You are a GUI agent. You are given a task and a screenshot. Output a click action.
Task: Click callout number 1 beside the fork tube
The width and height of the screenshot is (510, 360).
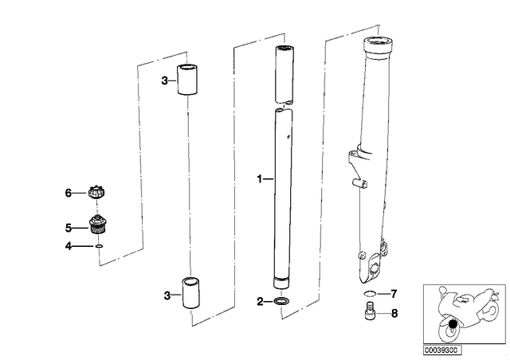click(260, 179)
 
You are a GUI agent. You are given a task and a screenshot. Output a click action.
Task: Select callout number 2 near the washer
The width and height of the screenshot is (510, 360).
click(260, 302)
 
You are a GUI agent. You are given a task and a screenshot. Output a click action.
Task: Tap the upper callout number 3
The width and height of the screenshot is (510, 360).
click(165, 80)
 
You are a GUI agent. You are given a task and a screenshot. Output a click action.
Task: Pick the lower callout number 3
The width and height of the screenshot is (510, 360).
click(167, 295)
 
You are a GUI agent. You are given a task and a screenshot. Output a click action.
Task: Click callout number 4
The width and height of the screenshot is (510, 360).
click(68, 246)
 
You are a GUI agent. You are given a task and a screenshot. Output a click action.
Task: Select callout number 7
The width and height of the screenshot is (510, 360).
click(394, 294)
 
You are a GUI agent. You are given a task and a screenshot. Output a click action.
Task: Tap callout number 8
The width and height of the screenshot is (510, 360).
click(394, 314)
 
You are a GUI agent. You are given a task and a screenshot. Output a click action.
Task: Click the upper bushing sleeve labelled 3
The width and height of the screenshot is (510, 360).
click(187, 80)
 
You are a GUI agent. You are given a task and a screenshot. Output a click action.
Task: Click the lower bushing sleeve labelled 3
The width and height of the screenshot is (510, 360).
click(190, 292)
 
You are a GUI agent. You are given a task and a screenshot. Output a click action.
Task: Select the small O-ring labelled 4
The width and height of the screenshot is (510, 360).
click(99, 246)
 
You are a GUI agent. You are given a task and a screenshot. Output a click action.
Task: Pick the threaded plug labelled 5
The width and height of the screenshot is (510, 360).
click(96, 225)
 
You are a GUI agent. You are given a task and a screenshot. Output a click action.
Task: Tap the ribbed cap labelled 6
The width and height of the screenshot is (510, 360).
click(97, 192)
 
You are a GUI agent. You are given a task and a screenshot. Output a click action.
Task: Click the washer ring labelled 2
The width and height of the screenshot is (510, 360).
click(281, 301)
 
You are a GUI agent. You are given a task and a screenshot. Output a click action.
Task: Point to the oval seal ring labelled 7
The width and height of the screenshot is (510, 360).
click(370, 294)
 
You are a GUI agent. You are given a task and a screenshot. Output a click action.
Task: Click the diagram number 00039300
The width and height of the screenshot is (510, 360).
click(441, 350)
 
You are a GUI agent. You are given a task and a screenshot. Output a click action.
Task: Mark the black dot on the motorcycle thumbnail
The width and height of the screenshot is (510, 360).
click(452, 324)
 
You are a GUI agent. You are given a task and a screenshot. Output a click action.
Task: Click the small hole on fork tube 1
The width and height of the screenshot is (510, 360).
click(288, 137)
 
